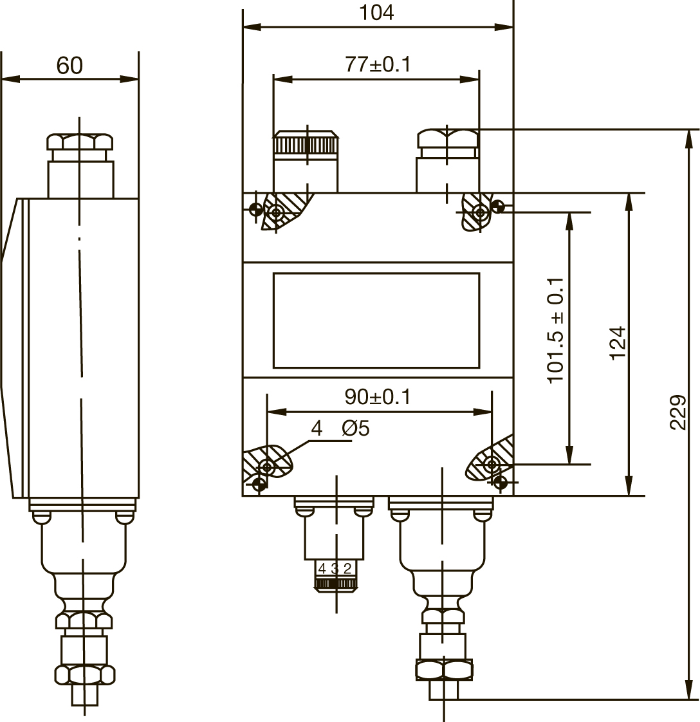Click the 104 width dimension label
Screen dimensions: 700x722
pyautogui.click(x=376, y=12)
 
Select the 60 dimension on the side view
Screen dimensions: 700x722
pyautogui.click(x=69, y=66)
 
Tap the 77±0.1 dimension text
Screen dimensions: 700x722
pyautogui.click(x=378, y=64)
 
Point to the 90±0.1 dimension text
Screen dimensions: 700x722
pyautogui.click(x=377, y=397)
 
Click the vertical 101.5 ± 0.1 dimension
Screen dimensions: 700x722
pyautogui.click(x=555, y=330)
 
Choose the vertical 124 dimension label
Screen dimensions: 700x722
pyautogui.click(x=618, y=344)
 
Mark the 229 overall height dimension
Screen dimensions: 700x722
pyautogui.click(x=677, y=412)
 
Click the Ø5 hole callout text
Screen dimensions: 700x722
pyautogui.click(x=356, y=428)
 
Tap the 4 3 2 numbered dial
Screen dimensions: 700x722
pyautogui.click(x=335, y=569)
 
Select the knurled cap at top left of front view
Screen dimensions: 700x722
pyautogui.click(x=306, y=144)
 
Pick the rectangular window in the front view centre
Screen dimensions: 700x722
pyautogui.click(x=376, y=320)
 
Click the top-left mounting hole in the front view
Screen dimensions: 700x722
pyautogui.click(x=276, y=213)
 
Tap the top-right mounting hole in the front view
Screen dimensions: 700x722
pyautogui.click(x=481, y=213)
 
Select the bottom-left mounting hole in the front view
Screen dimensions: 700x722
pyautogui.click(x=266, y=467)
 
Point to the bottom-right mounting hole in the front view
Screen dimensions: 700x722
pyautogui.click(x=492, y=464)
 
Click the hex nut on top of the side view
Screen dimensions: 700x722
pyautogui.click(x=80, y=142)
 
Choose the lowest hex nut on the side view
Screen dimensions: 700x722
pyautogui.click(x=85, y=674)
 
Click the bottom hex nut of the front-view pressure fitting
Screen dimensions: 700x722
pyautogui.click(x=444, y=669)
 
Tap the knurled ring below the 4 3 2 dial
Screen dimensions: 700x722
pyautogui.click(x=336, y=584)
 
